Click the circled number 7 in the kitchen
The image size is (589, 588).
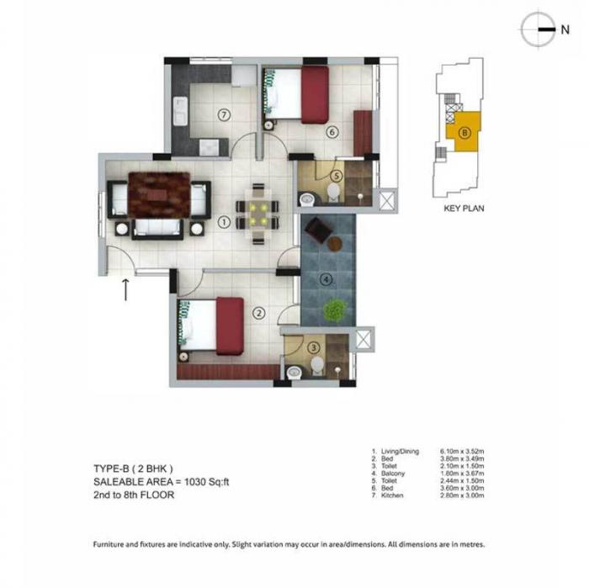point(223,114)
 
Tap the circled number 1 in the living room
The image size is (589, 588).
point(224,222)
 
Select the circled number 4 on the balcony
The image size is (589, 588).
point(327,278)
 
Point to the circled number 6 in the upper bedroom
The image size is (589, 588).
point(332,132)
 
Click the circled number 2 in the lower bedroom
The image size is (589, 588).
point(259,313)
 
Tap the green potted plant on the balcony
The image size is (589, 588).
point(334,310)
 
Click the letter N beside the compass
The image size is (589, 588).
point(565,29)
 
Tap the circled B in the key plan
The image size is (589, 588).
point(464,131)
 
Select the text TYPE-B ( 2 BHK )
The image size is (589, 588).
point(133,467)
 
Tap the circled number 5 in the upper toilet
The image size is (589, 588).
point(337,176)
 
